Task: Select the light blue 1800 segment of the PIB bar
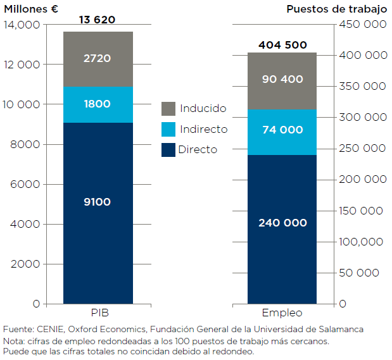98,104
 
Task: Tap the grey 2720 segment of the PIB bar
98,59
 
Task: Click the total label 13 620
97,20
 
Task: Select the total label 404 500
282,45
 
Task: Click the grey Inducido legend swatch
168,109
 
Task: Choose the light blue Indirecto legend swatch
168,129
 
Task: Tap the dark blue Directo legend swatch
168,150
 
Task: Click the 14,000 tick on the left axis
21,25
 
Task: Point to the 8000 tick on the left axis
27,144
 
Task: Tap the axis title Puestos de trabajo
336,9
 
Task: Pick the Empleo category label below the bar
282,313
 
